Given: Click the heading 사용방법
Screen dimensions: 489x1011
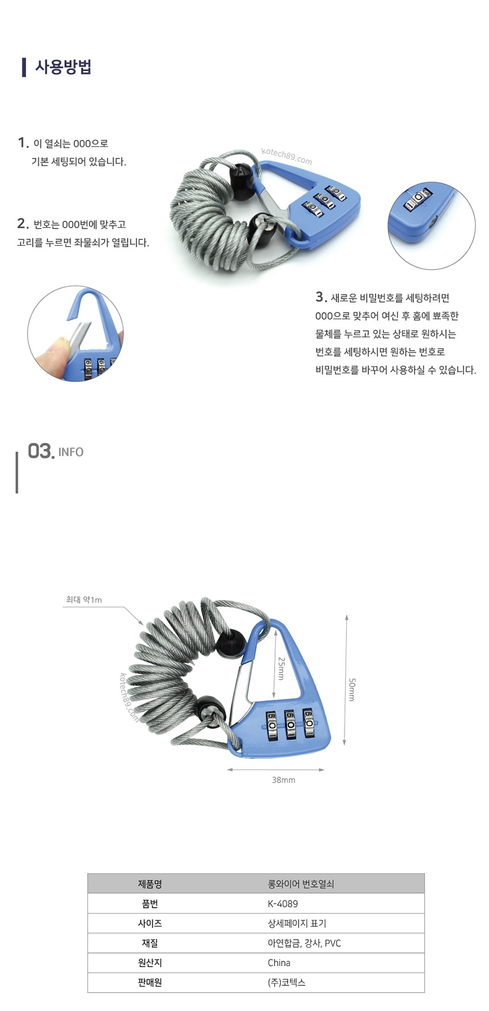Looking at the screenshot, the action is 63,67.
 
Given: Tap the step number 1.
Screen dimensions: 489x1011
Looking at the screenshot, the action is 23,143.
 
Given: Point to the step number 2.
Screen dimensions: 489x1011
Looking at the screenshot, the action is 23,224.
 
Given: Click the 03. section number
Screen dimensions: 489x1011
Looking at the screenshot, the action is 42,451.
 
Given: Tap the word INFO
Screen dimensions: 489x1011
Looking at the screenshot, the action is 71,452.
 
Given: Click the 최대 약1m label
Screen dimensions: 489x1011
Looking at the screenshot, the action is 84,599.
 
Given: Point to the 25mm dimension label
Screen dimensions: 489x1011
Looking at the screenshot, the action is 281,668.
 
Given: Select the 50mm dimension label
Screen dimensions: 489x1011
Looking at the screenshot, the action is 351,689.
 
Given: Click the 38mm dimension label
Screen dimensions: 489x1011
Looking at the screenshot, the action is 283,780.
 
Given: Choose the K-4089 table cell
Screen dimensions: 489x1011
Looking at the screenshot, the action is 283,903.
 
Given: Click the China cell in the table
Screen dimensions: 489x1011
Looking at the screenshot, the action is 279,963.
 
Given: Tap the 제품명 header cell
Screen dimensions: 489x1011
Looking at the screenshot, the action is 150,884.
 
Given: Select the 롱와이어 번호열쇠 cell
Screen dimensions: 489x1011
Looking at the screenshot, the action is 301,884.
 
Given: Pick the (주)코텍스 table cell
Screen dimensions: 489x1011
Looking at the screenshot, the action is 287,983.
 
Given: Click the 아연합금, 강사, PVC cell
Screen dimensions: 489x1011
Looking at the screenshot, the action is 304,943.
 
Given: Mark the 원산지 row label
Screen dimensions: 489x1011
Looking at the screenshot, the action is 150,963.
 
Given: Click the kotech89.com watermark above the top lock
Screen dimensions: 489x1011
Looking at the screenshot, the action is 287,156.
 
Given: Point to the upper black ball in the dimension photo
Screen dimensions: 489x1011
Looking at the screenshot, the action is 230,643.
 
